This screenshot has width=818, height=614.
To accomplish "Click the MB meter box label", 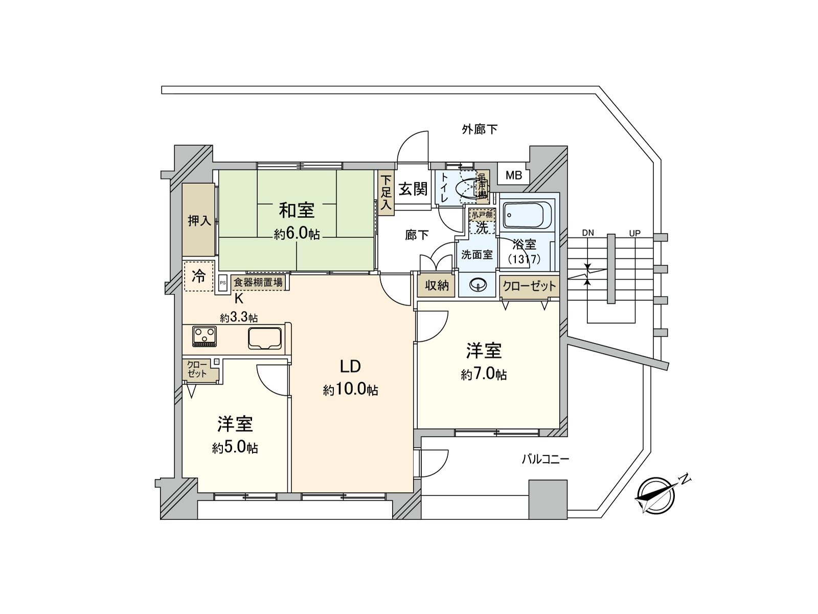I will (x=514, y=176).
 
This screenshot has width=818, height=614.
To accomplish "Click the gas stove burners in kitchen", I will (x=204, y=336).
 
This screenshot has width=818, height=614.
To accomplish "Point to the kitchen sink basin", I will (x=264, y=338).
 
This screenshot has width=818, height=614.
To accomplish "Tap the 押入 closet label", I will (x=199, y=221).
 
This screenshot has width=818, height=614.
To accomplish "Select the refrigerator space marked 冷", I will (x=198, y=277).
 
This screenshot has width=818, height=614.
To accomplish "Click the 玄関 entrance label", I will (x=413, y=189).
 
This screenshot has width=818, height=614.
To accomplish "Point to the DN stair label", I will (x=588, y=233).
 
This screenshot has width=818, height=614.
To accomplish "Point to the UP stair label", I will (x=634, y=233).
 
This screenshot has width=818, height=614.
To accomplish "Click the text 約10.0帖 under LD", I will (x=351, y=390).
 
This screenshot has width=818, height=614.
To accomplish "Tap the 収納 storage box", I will (x=437, y=286).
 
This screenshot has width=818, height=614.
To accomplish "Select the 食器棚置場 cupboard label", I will (x=258, y=282).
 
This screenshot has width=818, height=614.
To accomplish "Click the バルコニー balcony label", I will (x=545, y=459).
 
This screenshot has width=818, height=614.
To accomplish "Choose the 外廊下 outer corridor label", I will (x=480, y=129).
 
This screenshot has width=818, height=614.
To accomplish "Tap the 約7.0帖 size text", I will (x=484, y=375).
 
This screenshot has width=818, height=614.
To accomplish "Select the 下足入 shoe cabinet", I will (x=386, y=192).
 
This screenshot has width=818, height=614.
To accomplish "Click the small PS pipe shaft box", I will (x=222, y=282).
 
